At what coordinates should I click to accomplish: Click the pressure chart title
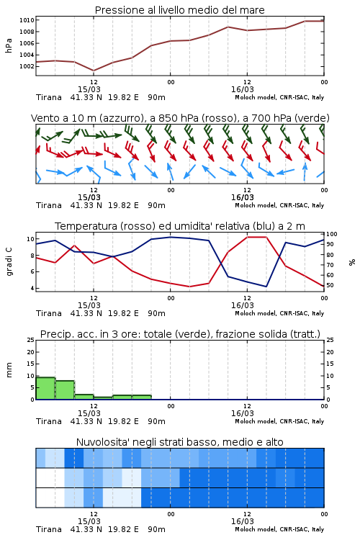pyautogui.click(x=179, y=10)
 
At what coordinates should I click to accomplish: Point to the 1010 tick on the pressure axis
pyautogui.click(x=27, y=20)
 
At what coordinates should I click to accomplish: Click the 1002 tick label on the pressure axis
pyautogui.click(x=27, y=66)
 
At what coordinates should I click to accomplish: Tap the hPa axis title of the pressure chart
pyautogui.click(x=9, y=45)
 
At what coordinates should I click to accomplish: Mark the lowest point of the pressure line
pyautogui.click(x=94, y=71)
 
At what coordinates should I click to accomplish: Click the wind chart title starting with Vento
pyautogui.click(x=180, y=118)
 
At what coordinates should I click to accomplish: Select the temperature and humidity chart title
pyautogui.click(x=180, y=226)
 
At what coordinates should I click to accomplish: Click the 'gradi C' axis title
pyautogui.click(x=9, y=261)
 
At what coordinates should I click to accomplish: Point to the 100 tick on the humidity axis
pyautogui.click(x=332, y=234)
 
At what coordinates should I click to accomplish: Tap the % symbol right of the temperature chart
pyautogui.click(x=352, y=262)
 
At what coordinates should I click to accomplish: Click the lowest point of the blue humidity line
pyautogui.click(x=266, y=287)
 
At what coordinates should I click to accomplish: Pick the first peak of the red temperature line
pyautogui.click(x=75, y=246)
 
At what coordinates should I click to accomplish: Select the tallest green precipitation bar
pyautogui.click(x=45, y=389)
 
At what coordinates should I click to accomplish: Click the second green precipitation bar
pyautogui.click(x=65, y=390)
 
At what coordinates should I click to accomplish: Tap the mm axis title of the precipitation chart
pyautogui.click(x=9, y=370)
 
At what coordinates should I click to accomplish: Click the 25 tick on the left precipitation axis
pyautogui.click(x=31, y=341)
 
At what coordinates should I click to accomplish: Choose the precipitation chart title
pyautogui.click(x=180, y=334)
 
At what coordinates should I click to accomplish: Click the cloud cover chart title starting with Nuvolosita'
pyautogui.click(x=179, y=442)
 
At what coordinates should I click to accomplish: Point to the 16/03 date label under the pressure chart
pyautogui.click(x=243, y=89)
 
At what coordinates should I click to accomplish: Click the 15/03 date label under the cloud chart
pyautogui.click(x=89, y=521)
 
